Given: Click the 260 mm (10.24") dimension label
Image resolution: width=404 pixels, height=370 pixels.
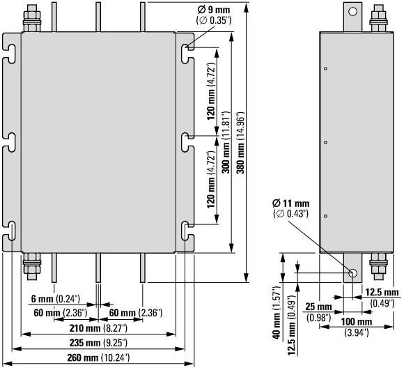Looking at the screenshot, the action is click(98, 358).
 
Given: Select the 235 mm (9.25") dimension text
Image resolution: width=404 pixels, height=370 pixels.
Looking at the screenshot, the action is click(98, 343).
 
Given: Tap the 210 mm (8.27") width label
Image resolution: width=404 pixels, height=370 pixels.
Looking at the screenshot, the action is click(98, 328).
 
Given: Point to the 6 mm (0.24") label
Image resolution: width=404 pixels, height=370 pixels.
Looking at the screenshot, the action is click(56, 299).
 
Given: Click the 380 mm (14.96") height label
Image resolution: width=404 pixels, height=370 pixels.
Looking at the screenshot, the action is click(240, 143).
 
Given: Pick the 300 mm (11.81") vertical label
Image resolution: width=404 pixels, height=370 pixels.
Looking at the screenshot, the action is click(226, 142).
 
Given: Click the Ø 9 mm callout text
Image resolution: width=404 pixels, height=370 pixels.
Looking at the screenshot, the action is click(214, 15).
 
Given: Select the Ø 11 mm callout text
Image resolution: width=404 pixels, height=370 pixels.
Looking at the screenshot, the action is click(291, 208).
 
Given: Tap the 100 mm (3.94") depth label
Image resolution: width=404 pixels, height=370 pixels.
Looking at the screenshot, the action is click(357, 327).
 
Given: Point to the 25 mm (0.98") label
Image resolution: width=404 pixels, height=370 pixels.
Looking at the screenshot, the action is click(318, 312).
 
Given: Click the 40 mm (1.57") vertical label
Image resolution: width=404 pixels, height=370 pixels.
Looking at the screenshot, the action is click(277, 312).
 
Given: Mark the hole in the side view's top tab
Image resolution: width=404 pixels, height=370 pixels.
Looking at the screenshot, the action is click(352, 11).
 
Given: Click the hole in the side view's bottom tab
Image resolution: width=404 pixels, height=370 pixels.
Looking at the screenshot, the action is click(352, 273).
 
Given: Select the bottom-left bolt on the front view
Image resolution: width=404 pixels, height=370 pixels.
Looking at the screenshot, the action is click(32, 267).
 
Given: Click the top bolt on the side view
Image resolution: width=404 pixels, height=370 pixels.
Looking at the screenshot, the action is click(378, 18).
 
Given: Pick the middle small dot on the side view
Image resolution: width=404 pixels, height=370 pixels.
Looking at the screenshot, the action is click(326, 142).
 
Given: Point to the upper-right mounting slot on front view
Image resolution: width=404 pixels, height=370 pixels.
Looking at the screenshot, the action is click(187, 54).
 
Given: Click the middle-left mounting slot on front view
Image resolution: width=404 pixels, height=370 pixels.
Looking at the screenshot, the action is click(10, 142).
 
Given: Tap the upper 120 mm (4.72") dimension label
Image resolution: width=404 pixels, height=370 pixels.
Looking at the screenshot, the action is click(211, 91).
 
